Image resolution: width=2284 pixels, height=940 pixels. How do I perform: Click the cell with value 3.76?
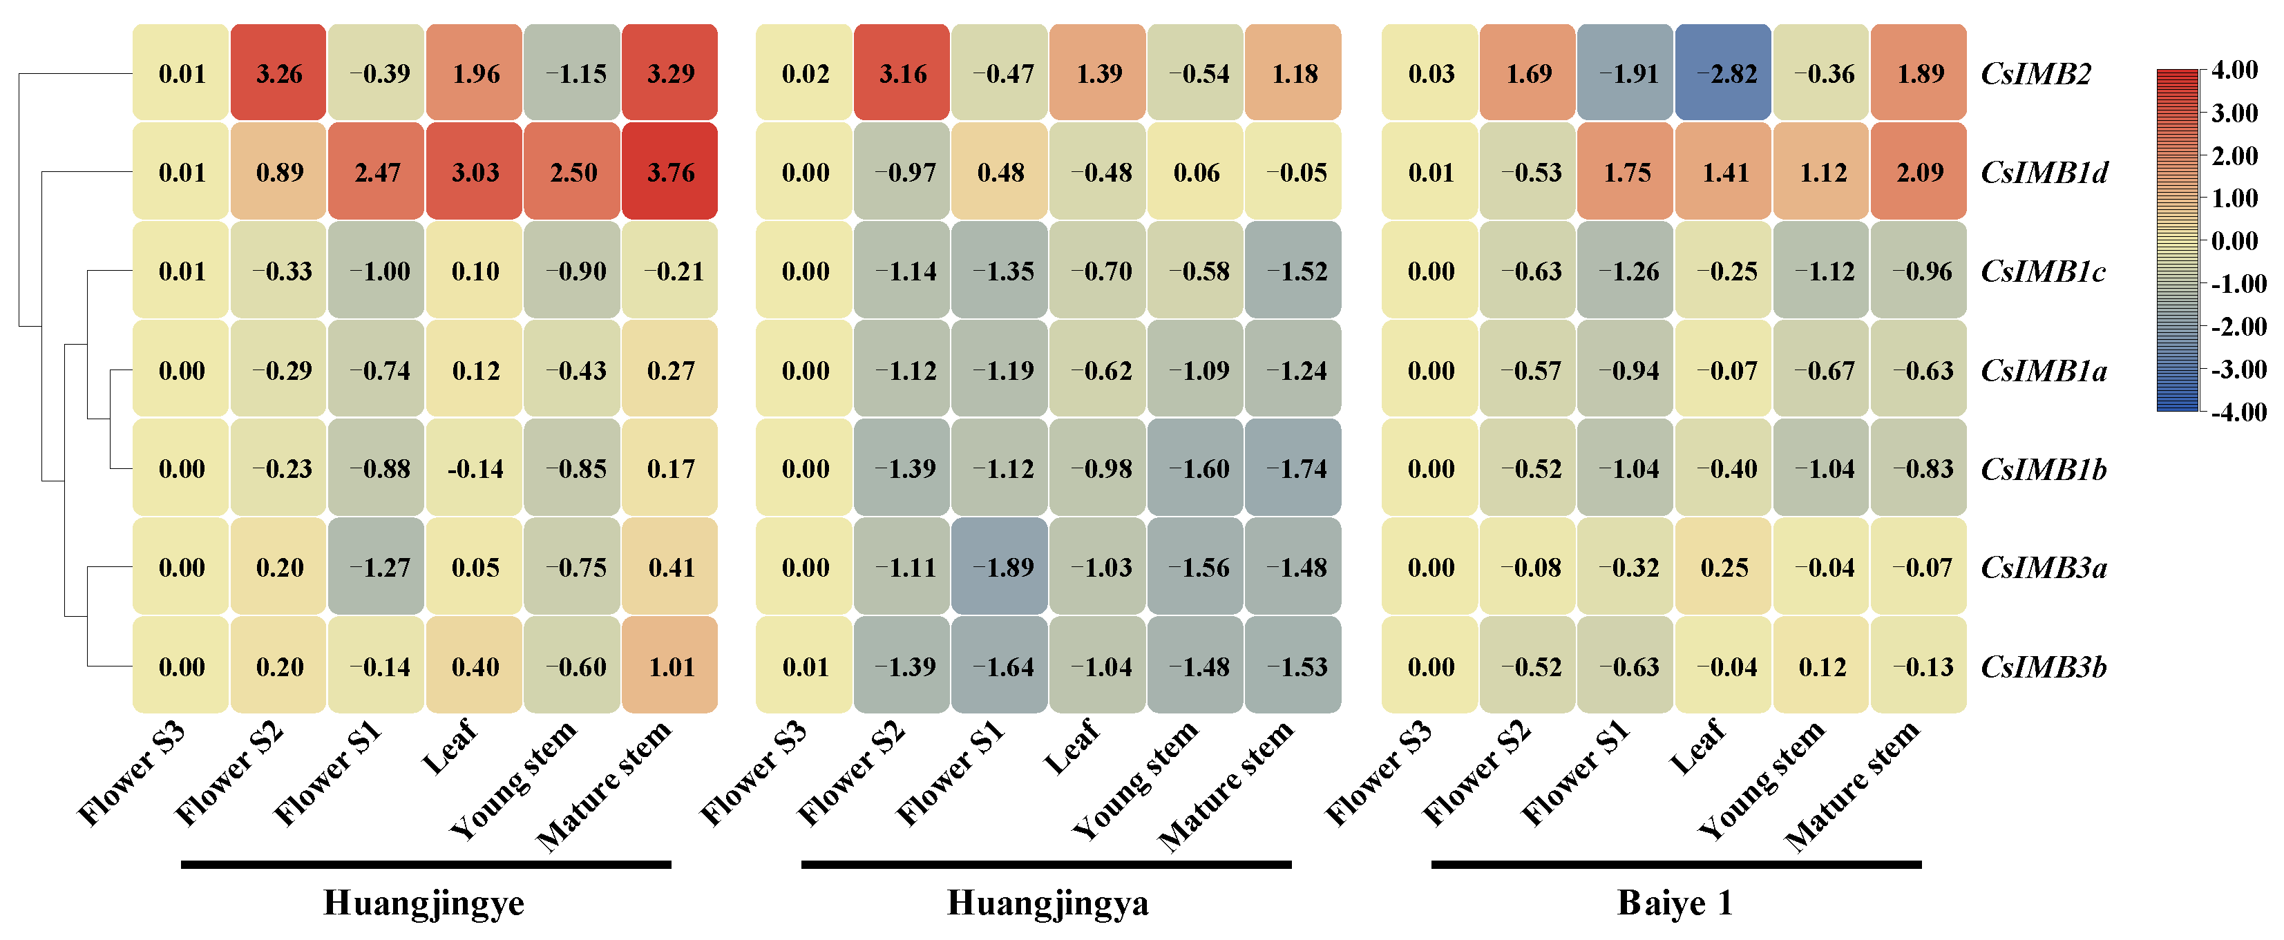coord(669,172)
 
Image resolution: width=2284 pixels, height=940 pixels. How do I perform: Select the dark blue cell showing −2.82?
coord(1723,74)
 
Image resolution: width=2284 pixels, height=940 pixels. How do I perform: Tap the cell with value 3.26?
coord(278,74)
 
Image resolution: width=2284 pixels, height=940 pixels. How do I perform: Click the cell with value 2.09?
coord(1918,172)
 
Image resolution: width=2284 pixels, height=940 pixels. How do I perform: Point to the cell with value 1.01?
coord(669,667)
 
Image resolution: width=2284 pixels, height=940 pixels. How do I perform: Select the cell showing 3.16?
coord(902,74)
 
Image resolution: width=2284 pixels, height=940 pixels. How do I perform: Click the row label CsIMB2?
coord(2036,74)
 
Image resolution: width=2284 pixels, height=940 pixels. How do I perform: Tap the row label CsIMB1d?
coord(2044,172)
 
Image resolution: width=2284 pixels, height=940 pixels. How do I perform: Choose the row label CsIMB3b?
coord(2044,667)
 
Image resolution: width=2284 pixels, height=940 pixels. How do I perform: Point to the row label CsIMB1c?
coord(2043,271)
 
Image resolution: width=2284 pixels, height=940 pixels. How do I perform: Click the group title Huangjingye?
coord(424,903)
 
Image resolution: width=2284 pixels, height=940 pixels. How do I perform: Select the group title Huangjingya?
coord(1048,903)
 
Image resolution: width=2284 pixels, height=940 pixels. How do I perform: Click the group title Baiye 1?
coord(1674,903)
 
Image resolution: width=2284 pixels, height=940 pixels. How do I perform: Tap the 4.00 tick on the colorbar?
coord(2234,70)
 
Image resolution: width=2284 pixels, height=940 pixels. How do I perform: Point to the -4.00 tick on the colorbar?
coord(2237,412)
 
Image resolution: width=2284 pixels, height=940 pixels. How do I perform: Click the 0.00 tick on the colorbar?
coord(2234,240)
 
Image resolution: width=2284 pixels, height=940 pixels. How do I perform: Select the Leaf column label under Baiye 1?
coord(1697,747)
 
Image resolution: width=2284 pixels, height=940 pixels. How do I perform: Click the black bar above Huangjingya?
coord(1046,864)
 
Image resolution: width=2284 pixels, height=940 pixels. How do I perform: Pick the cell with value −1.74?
coord(1293,469)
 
